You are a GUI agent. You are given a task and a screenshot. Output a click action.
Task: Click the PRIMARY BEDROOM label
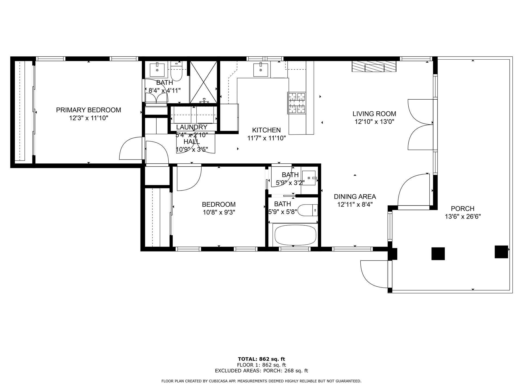(x=88, y=110)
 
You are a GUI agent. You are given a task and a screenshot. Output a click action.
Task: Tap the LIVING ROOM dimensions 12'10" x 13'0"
(x=374, y=122)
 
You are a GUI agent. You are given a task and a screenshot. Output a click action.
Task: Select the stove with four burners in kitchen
(x=297, y=103)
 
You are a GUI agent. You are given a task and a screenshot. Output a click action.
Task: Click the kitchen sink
(x=261, y=70)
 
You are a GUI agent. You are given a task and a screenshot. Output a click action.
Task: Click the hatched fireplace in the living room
(x=374, y=66)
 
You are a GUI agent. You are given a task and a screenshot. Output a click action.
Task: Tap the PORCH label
(x=463, y=209)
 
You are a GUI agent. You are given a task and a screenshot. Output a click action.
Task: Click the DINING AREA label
(x=355, y=197)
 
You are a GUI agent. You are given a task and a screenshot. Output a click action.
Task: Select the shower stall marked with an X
(x=203, y=82)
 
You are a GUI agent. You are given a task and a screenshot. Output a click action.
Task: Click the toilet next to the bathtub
(x=308, y=210)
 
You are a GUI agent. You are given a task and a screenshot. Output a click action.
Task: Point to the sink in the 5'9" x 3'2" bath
(x=309, y=178)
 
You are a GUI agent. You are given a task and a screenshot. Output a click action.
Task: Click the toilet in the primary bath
(x=176, y=72)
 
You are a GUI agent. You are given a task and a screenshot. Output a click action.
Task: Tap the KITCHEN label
(x=266, y=130)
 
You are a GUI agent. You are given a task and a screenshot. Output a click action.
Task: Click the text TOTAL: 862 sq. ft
(x=261, y=359)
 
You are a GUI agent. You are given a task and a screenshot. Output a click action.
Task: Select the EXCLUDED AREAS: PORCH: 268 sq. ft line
(x=261, y=370)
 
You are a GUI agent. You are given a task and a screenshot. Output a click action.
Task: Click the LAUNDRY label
(x=191, y=127)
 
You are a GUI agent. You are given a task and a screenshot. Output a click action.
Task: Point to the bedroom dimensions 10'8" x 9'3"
(x=219, y=212)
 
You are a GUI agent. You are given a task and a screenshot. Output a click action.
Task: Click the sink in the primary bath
(x=157, y=70)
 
